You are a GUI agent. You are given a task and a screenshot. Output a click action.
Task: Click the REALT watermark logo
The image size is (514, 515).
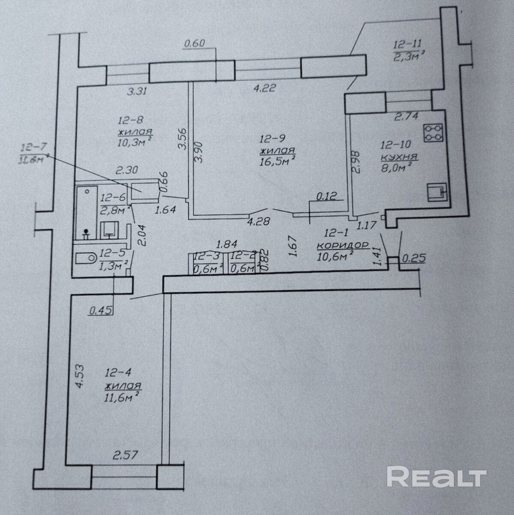pyautogui.click(x=436, y=476)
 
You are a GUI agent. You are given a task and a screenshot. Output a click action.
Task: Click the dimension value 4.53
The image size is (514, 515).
pyautogui.click(x=79, y=376)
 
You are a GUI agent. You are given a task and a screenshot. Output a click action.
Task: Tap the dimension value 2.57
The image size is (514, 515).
pyautogui.click(x=126, y=455)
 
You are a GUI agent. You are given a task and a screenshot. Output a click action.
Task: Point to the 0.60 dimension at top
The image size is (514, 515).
pyautogui.click(x=195, y=43)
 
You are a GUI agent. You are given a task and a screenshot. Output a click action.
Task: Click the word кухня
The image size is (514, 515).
pyautogui.click(x=399, y=157)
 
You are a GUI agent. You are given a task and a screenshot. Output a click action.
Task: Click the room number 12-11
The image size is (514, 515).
pyautogui.click(x=407, y=44)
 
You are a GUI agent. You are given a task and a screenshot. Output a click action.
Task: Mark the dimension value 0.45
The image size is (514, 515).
pyautogui.click(x=99, y=311)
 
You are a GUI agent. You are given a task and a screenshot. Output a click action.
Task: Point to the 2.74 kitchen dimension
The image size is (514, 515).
pyautogui.click(x=406, y=116)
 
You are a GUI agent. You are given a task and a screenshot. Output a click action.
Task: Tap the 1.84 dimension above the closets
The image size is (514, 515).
pyautogui.click(x=227, y=245)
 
